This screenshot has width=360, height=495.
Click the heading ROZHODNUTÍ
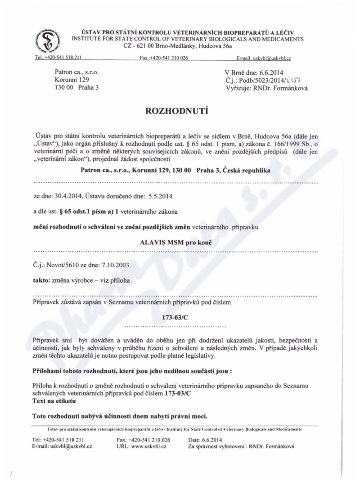180,111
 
